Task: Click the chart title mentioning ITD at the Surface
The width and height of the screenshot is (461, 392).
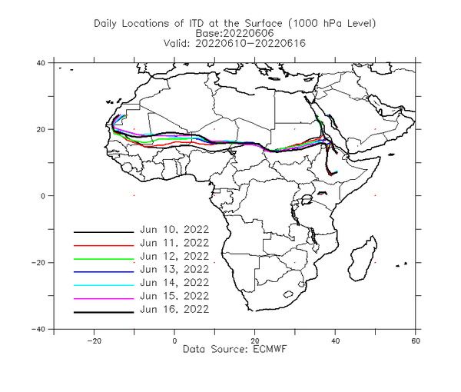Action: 234,24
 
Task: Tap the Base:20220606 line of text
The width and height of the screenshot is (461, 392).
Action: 234,33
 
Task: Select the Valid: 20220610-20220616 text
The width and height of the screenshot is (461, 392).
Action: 234,44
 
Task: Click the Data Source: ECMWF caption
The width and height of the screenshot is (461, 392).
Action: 234,349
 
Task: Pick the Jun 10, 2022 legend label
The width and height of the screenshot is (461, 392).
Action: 174,229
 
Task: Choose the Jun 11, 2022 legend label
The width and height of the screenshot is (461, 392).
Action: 174,243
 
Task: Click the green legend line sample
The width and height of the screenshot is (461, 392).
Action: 104,259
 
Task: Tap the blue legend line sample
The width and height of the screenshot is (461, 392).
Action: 104,272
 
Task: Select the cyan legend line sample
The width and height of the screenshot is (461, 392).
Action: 104,285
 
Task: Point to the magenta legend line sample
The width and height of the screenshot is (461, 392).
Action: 104,299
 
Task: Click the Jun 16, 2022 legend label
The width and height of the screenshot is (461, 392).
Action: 174,309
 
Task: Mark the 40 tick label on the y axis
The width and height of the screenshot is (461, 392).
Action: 41,63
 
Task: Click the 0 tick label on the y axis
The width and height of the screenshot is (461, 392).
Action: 43,196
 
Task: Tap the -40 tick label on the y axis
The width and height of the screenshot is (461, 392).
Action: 38,329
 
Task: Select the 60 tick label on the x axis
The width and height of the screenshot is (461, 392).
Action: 416,341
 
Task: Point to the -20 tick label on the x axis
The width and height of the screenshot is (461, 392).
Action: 94,341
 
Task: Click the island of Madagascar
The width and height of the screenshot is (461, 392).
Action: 363,259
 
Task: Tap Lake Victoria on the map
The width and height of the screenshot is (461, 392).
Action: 307,200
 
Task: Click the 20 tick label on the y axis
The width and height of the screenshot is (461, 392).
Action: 41,129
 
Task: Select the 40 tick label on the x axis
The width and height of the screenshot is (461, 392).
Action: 335,341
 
